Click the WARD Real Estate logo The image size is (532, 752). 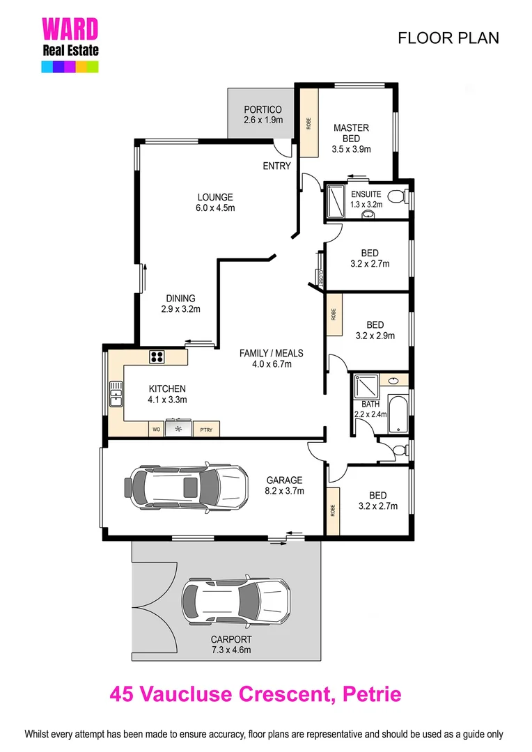tap(70, 44)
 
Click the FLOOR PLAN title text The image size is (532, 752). tap(448, 38)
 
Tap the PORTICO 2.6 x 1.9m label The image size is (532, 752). tap(263, 115)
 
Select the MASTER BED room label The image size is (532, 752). tap(351, 138)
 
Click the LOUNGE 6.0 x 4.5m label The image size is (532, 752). tap(214, 202)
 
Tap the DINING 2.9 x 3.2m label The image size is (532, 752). tap(180, 304)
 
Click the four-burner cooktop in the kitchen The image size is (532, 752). tap(157, 357)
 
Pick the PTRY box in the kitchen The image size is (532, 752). tap(206, 430)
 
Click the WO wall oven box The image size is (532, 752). tap(156, 430)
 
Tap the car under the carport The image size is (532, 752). tap(235, 599)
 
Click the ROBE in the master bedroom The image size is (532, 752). tap(308, 124)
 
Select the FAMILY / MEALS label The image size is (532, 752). tap(271, 358)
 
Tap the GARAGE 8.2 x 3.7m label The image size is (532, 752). tap(284, 485)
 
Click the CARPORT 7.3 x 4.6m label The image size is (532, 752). tap(232, 645)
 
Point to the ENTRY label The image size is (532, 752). tap(276, 166)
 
